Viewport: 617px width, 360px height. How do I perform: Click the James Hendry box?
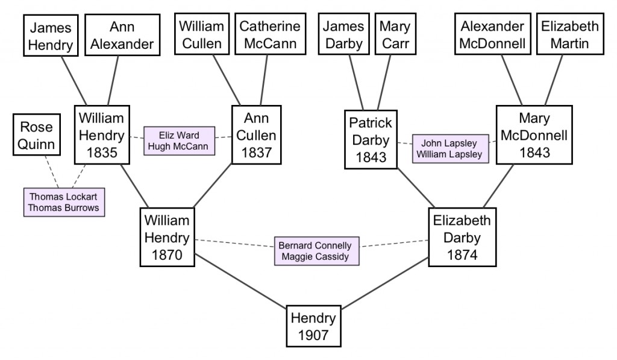(x=51, y=36)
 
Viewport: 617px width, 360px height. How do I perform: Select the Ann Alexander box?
(x=122, y=35)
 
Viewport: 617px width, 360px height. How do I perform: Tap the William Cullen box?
(x=202, y=34)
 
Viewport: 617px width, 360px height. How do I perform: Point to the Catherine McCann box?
(x=271, y=34)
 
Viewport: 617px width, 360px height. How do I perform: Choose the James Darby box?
(x=343, y=34)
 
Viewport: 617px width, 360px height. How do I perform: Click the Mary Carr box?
(x=395, y=34)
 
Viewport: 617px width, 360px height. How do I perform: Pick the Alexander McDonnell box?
(x=493, y=34)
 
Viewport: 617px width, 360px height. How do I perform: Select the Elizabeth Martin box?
(x=570, y=34)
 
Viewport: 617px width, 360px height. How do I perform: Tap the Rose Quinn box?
(x=37, y=134)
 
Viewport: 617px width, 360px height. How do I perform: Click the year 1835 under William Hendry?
(x=102, y=153)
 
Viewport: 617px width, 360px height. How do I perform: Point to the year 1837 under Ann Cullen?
(x=257, y=153)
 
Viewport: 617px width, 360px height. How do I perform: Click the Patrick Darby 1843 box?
(x=371, y=139)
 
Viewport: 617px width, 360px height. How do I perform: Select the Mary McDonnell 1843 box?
(x=534, y=134)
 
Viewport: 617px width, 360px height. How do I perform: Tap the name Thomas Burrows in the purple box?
(x=64, y=207)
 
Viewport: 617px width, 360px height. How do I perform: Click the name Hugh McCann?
(x=178, y=146)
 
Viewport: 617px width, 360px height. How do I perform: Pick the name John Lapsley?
(x=449, y=143)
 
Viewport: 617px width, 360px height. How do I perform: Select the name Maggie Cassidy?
(x=315, y=256)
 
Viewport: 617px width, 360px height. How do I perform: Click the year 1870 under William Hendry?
(x=168, y=255)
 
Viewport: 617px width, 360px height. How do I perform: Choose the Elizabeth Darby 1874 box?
(x=462, y=237)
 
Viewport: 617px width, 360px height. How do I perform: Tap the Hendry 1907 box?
(x=313, y=326)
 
